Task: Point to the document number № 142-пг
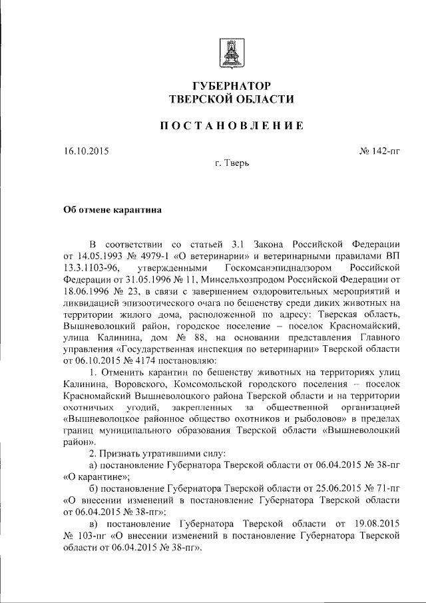(379, 152)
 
